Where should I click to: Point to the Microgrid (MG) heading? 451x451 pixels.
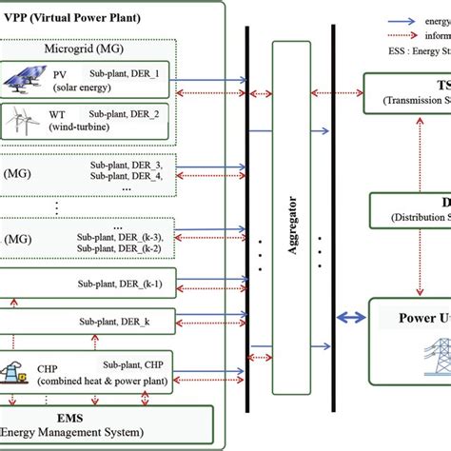pos(83,48)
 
